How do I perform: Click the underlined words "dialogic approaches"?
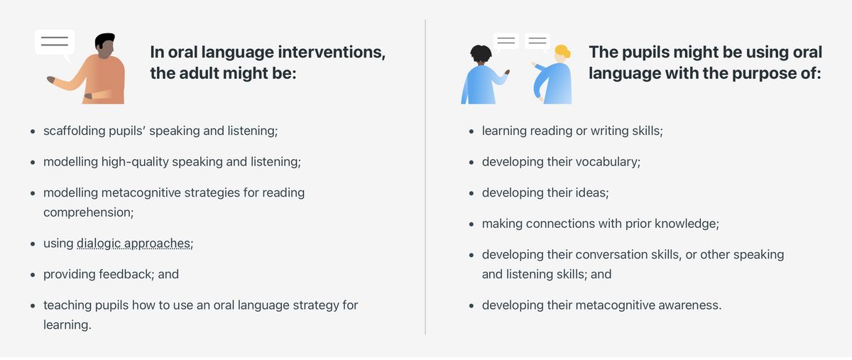click(133, 244)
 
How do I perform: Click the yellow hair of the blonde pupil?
click(562, 51)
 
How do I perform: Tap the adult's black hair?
click(104, 40)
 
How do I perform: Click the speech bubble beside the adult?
click(55, 43)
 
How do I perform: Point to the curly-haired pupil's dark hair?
click(481, 53)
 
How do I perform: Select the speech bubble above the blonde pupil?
click(537, 41)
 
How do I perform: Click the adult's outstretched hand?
click(51, 80)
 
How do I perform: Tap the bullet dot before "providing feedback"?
click(33, 275)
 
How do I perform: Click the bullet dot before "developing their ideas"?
click(471, 193)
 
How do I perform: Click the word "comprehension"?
click(87, 213)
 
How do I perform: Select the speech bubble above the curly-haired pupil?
click(506, 41)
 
